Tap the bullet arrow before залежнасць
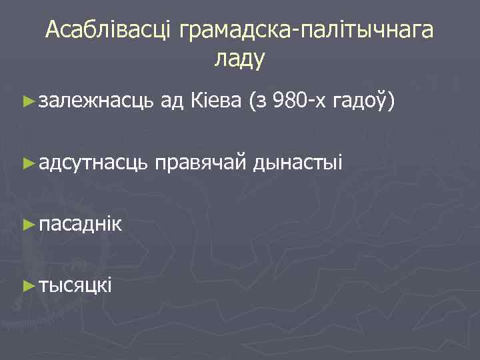(x=27, y=102)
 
